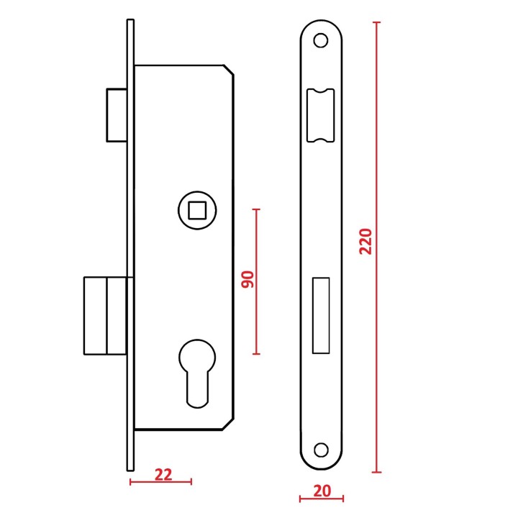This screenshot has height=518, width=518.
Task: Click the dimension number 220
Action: pyautogui.click(x=365, y=242)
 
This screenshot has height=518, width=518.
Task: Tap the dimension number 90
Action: pyautogui.click(x=247, y=279)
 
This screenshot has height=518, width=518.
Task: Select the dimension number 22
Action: pyautogui.click(x=163, y=475)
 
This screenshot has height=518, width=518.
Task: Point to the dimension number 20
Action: pyautogui.click(x=322, y=491)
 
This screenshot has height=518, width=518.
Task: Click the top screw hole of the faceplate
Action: pyautogui.click(x=321, y=40)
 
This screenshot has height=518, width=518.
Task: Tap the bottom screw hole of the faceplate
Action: pyautogui.click(x=321, y=450)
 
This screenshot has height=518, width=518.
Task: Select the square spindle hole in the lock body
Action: pyautogui.click(x=197, y=210)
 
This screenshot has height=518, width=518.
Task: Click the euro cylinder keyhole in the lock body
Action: pyautogui.click(x=197, y=373)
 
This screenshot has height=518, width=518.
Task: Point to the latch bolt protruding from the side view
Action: pyautogui.click(x=117, y=115)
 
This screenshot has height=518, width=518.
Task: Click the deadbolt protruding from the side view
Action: pyautogui.click(x=105, y=316)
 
